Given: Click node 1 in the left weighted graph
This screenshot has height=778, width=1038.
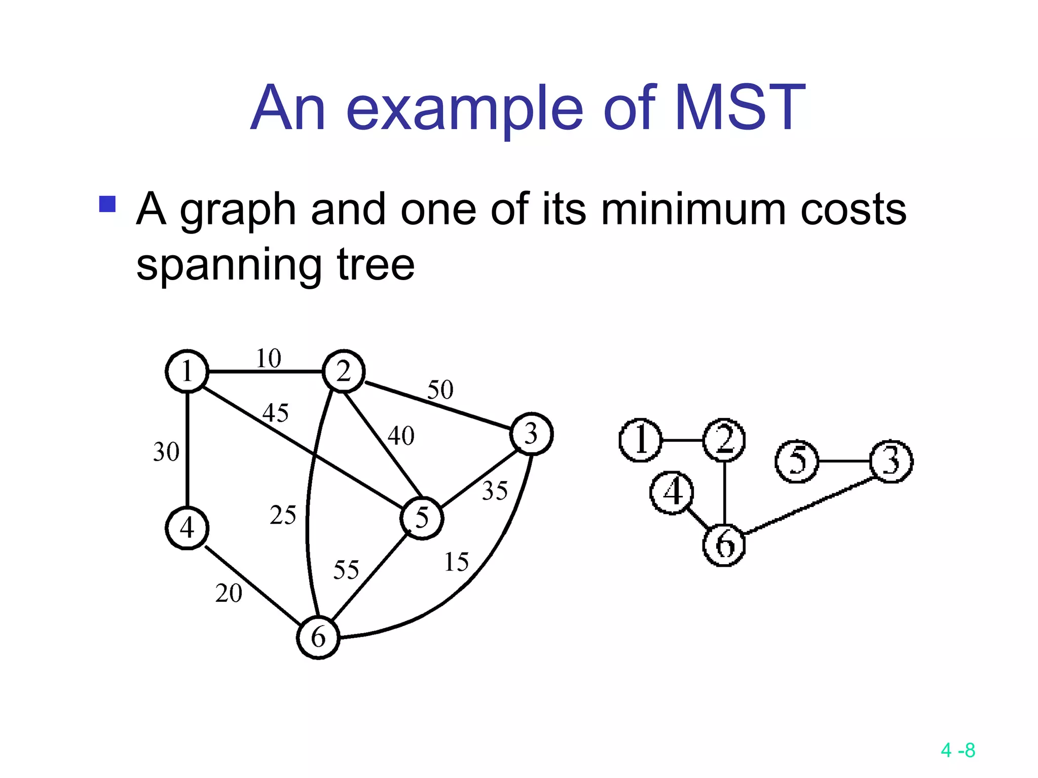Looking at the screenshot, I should (187, 371).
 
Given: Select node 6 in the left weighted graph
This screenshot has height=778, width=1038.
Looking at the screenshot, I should (318, 637).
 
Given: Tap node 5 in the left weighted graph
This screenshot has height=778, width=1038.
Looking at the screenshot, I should (422, 518).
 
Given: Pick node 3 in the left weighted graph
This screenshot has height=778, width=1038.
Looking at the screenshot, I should (531, 434).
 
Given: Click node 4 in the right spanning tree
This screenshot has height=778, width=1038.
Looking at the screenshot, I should (672, 492).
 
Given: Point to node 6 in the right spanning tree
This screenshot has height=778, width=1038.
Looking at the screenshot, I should (724, 545).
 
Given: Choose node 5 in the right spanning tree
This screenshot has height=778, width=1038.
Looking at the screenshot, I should (797, 461).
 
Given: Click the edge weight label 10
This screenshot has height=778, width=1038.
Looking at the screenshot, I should (268, 359).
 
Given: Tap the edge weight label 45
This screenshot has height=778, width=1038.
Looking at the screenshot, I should (275, 412).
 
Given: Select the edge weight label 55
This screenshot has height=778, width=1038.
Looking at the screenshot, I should (346, 570).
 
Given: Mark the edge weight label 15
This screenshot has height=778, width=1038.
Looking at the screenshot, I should (456, 562).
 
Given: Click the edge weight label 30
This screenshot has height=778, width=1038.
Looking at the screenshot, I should (166, 452).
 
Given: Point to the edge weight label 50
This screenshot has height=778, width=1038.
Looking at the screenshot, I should (440, 390).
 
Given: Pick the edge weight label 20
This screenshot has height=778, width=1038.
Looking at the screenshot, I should (229, 593).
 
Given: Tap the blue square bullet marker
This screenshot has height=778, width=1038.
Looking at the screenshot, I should (107, 204).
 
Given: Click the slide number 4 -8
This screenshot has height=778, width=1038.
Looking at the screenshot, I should (957, 750).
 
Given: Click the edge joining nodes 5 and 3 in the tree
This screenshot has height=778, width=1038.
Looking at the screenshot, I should (844, 461).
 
